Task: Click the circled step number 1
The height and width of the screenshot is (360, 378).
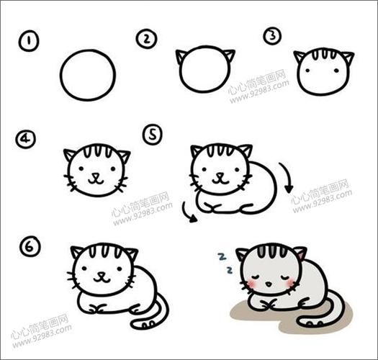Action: (28, 42)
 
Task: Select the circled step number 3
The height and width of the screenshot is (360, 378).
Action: (271, 36)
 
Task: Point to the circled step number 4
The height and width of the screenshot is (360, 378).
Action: (27, 138)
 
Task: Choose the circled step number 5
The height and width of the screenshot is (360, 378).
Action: (153, 133)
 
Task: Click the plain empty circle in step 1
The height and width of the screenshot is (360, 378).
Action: (88, 75)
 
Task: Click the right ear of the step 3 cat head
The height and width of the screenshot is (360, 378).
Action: (346, 57)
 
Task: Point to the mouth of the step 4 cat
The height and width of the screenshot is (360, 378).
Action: (96, 179)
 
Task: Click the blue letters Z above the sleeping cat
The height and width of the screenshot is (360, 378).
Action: (225, 263)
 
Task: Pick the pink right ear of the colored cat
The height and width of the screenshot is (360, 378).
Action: (299, 253)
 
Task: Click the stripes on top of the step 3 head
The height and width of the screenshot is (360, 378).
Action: (324, 54)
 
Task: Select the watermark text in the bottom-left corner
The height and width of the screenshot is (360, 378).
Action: (41, 330)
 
